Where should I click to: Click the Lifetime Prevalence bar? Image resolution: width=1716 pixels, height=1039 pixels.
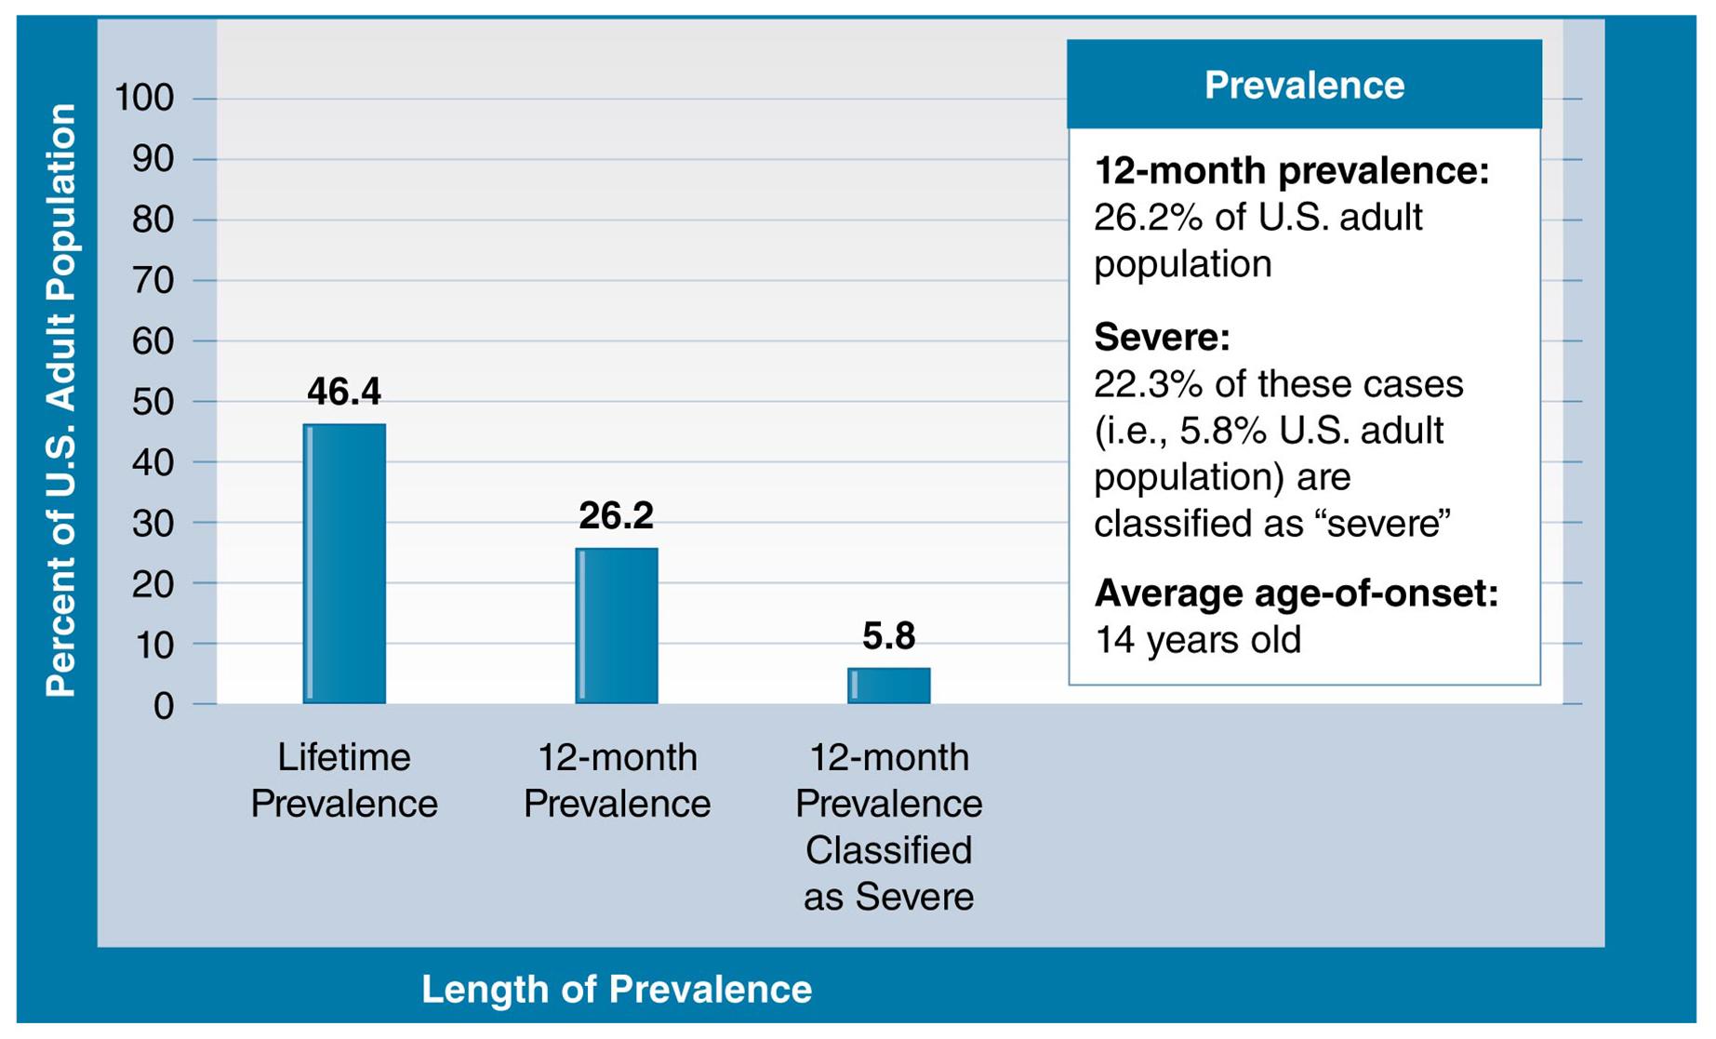coord(344,564)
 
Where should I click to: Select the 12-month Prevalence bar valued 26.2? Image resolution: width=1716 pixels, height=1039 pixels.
coord(617,625)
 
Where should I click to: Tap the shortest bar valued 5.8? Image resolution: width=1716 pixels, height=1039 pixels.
coord(888,686)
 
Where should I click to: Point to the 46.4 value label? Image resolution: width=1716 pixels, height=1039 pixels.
coord(344,392)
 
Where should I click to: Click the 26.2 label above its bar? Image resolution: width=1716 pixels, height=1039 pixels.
coord(616,515)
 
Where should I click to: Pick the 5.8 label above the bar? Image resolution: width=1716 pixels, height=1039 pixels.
coord(888,636)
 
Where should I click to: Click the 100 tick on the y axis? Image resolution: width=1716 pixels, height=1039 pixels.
coord(143,98)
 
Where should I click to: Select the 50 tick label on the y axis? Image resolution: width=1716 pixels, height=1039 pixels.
coord(153,402)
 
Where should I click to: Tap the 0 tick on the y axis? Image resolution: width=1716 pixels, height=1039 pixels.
coord(164,706)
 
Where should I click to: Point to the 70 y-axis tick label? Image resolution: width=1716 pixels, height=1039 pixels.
coord(153,280)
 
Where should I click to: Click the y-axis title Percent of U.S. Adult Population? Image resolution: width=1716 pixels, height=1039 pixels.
coord(61,400)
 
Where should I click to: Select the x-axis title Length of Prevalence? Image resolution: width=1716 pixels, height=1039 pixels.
coord(616,989)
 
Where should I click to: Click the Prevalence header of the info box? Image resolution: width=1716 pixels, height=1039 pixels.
coord(1303,85)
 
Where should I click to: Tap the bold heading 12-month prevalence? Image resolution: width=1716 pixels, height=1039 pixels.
coord(1291,171)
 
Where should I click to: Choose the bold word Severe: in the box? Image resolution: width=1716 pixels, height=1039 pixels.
coord(1162,337)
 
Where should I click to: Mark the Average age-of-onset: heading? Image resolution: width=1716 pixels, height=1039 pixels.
coord(1296,593)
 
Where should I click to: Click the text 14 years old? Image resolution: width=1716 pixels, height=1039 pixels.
coord(1197,640)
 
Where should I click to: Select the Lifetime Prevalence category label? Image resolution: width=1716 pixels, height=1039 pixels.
coord(344,780)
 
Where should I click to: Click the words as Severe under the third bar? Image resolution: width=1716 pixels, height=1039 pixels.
coord(888,897)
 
